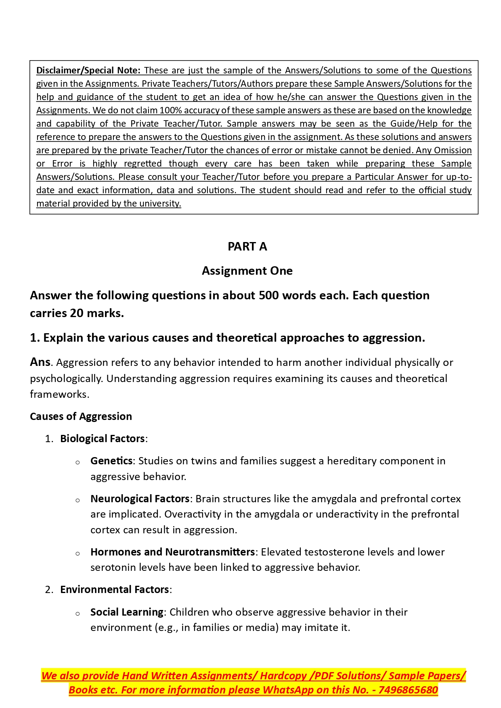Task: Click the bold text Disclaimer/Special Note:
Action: (x=88, y=71)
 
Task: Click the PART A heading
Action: (x=247, y=246)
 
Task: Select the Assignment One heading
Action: (x=247, y=271)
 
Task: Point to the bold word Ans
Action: (x=40, y=362)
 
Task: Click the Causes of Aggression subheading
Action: (x=81, y=416)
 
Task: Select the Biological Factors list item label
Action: (x=103, y=439)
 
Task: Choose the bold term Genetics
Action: (x=111, y=461)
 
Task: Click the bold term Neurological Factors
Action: (x=140, y=499)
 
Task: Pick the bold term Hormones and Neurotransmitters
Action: (x=172, y=552)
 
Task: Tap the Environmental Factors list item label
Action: (x=115, y=589)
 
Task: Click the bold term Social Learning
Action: (x=127, y=612)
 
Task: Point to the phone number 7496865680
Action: (x=408, y=690)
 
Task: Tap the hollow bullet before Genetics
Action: (x=78, y=462)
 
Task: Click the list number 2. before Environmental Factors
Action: (x=49, y=590)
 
